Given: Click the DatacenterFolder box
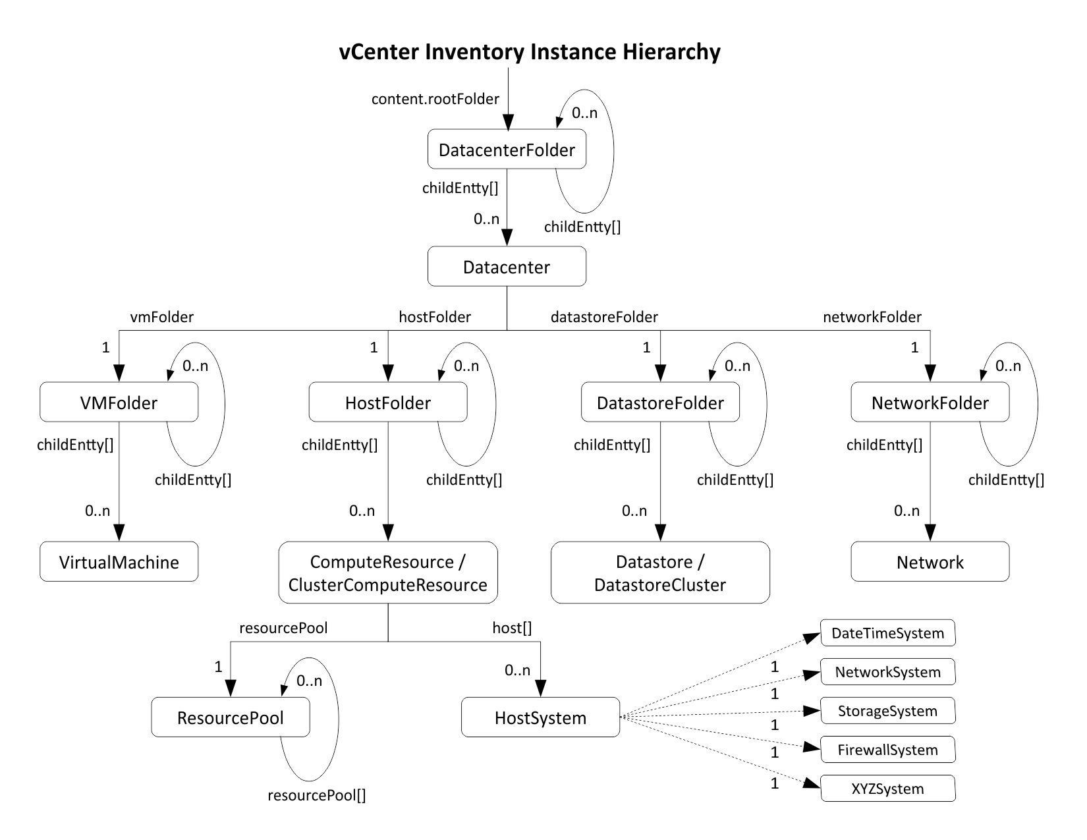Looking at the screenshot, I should (x=507, y=150).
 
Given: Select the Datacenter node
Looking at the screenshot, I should (x=507, y=267).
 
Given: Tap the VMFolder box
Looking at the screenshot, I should (x=119, y=403).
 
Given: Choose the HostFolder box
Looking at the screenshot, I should (x=387, y=403).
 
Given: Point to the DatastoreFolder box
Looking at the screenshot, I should (x=660, y=403).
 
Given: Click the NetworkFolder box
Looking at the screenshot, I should (x=930, y=403).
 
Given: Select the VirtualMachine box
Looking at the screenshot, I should (x=119, y=562).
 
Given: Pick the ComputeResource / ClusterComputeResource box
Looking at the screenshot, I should (x=387, y=573).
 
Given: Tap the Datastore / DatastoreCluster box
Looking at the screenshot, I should (x=660, y=573).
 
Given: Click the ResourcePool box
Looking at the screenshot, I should (x=230, y=717).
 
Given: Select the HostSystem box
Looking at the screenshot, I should (x=540, y=717).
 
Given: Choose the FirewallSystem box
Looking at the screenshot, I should (x=887, y=750).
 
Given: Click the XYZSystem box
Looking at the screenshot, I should (x=887, y=789).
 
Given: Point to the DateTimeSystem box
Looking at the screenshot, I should (x=887, y=633).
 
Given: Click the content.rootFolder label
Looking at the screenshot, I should (x=435, y=99).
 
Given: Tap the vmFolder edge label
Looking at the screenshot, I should (x=162, y=317).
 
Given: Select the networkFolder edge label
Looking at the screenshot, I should (x=872, y=317).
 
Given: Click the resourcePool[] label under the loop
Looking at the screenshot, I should (x=316, y=795).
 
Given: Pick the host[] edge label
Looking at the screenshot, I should (x=512, y=628).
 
